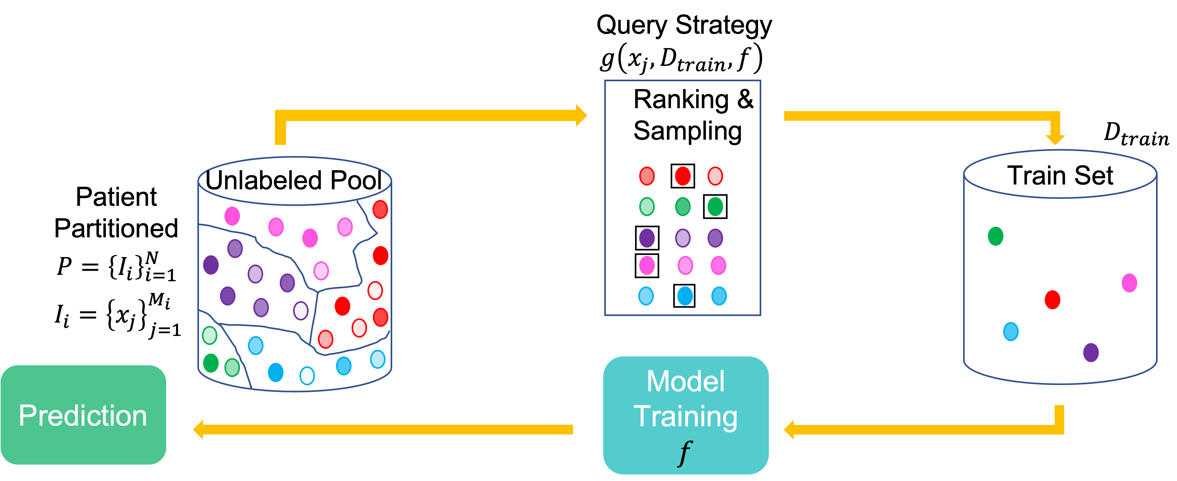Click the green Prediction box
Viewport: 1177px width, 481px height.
83,415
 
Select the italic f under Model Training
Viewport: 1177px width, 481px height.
684,453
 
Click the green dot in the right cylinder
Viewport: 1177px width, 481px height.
995,236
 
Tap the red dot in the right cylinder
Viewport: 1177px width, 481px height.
1052,300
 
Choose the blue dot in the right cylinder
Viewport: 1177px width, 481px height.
1011,331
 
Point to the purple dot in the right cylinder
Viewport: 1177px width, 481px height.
1091,352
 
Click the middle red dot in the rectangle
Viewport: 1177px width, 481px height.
683,176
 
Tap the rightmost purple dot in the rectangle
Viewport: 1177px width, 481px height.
715,238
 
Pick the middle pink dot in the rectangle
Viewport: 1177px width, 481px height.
685,265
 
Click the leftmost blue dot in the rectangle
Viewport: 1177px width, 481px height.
646,296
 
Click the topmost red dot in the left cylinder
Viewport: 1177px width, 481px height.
380,209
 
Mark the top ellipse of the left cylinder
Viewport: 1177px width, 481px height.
295,181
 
